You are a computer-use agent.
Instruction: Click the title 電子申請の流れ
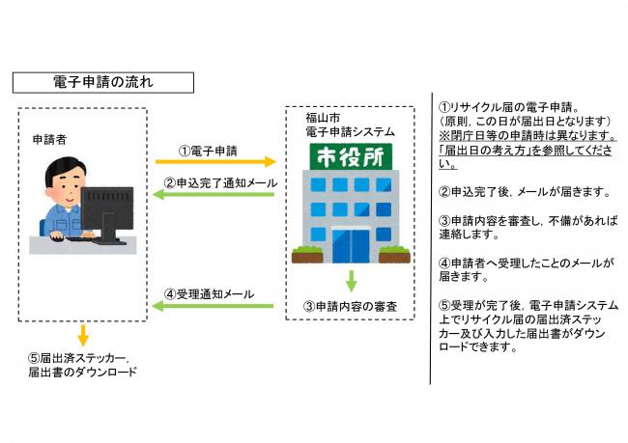click(102, 83)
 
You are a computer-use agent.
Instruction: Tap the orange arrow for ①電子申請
click(215, 163)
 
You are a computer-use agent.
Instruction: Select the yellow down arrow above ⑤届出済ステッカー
click(83, 335)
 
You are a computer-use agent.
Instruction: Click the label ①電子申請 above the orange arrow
click(210, 151)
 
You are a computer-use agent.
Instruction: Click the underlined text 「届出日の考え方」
click(479, 152)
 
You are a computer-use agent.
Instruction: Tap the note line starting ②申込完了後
click(522, 193)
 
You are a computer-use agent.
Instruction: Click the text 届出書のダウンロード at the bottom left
click(82, 372)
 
